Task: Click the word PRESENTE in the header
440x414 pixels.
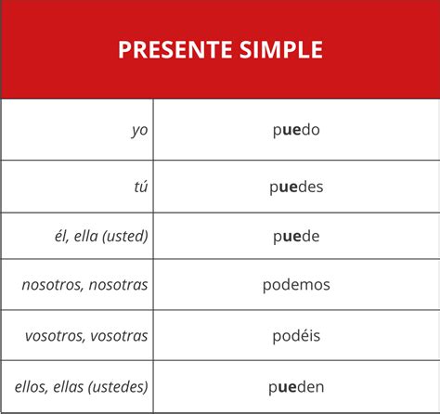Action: coord(175,49)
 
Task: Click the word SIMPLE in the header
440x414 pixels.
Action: coord(281,49)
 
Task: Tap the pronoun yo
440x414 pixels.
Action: coord(139,131)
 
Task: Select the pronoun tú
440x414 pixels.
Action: coord(141,187)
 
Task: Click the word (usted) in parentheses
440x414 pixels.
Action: coord(125,237)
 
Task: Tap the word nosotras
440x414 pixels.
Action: coord(118,285)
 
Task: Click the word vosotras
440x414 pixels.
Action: coord(119,336)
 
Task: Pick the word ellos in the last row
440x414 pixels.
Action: coord(32,387)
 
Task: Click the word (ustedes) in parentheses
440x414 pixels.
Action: coord(118,387)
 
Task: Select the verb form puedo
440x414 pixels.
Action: coord(296,130)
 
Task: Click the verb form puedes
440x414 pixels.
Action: coord(296,188)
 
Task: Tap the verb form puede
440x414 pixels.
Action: coord(296,237)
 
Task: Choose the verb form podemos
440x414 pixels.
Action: coord(296,285)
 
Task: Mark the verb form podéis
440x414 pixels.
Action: coord(296,336)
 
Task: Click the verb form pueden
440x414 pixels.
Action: coord(296,387)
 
